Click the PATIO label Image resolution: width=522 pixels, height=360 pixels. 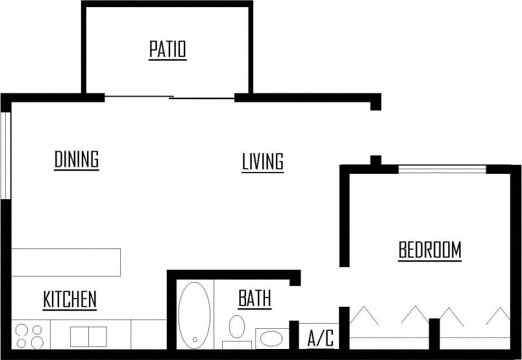click(168, 49)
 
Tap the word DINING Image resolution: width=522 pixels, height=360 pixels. click(76, 159)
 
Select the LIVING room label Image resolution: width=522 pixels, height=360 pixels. click(262, 162)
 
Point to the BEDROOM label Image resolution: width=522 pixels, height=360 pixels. click(430, 250)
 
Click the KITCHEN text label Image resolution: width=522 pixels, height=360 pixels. click(69, 300)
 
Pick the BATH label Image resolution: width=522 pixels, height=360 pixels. click(255, 299)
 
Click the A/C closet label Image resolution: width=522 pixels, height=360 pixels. click(320, 338)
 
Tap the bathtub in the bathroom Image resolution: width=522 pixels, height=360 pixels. click(194, 315)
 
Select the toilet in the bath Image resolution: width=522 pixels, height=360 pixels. click(237, 327)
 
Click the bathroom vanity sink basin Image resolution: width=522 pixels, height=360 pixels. click(272, 338)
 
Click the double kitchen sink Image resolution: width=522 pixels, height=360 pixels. click(88, 336)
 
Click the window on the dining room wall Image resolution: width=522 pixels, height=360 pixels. click(6, 156)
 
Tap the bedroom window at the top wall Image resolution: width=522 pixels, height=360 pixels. click(441, 169)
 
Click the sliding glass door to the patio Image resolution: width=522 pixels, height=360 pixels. click(169, 98)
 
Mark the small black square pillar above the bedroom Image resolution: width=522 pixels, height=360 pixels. click(375, 160)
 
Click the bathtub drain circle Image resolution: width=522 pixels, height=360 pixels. click(194, 339)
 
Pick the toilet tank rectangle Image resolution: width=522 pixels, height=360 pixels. click(236, 344)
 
